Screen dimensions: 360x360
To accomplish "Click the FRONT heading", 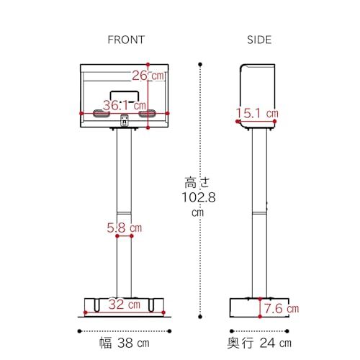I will pyautogui.click(x=125, y=40).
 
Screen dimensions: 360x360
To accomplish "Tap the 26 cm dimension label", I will pyautogui.click(x=149, y=75).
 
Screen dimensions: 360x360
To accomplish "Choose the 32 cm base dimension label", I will pyautogui.click(x=124, y=304).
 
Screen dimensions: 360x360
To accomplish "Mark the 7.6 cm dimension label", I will pyautogui.click(x=280, y=309).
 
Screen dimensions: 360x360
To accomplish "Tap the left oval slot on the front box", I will pyautogui.click(x=99, y=114).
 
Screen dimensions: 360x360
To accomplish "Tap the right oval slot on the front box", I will pyautogui.click(x=148, y=114).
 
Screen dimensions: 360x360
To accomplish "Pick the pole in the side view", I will pyautogui.click(x=257, y=216).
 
